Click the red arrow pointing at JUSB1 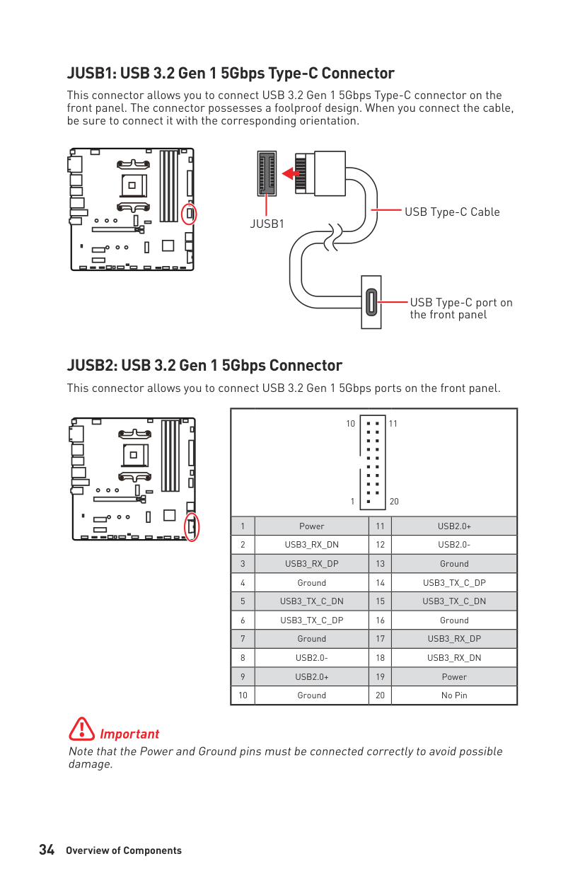pos(290,173)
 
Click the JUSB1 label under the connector pos(267,224)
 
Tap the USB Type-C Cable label pos(452,212)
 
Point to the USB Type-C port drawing pos(371,302)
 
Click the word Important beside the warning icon pos(129,734)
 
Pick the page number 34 pos(47,850)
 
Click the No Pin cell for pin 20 pos(454,695)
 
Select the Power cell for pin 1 pos(311,526)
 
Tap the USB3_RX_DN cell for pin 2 pos(311,545)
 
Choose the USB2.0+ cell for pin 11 pos(454,526)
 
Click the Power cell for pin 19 pos(454,676)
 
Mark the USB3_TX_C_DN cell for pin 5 pos(311,601)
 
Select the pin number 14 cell pos(380,583)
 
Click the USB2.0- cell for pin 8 pos(311,658)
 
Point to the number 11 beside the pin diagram pos(393,424)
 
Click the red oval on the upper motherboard pos(189,214)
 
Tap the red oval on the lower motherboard pos(192,526)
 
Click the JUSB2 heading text pos(204,366)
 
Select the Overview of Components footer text pos(124,851)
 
